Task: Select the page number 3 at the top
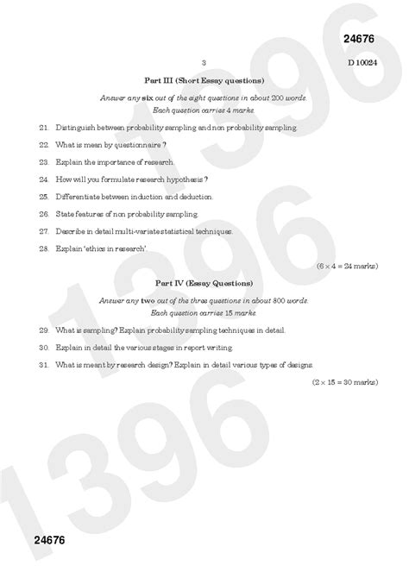[x=204, y=63]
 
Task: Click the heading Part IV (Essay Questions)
[x=204, y=282]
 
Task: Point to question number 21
[x=43, y=128]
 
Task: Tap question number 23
[x=43, y=162]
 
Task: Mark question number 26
[x=43, y=214]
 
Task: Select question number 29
[x=43, y=330]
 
